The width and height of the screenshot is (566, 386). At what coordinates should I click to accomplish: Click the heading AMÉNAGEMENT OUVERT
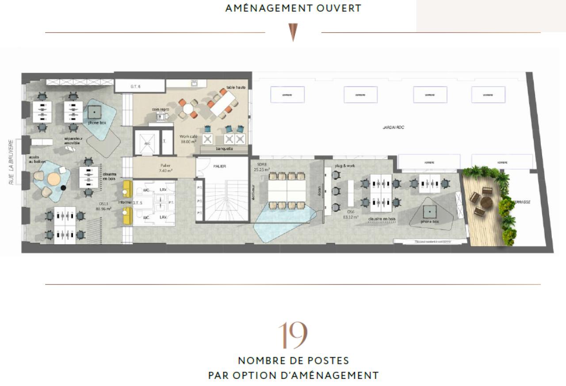[293, 8]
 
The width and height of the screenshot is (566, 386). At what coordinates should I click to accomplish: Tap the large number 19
[292, 336]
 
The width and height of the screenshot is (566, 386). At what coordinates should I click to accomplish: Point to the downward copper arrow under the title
[293, 32]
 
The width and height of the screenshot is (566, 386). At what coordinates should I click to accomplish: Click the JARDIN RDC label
[393, 128]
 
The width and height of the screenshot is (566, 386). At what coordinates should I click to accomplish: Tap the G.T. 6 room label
[135, 87]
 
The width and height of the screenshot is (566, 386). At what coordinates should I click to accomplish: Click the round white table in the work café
[189, 108]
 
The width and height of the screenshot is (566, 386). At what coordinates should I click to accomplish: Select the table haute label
[236, 87]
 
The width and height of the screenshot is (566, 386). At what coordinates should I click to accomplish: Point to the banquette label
[224, 149]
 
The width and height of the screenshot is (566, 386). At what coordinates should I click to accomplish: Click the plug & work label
[345, 166]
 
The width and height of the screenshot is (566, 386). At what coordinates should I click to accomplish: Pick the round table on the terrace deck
[486, 202]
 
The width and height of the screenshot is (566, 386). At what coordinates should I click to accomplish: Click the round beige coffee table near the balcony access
[54, 179]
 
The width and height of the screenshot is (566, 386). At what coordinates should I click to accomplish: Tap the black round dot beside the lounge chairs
[63, 188]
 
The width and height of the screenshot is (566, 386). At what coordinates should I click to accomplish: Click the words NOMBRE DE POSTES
[293, 360]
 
